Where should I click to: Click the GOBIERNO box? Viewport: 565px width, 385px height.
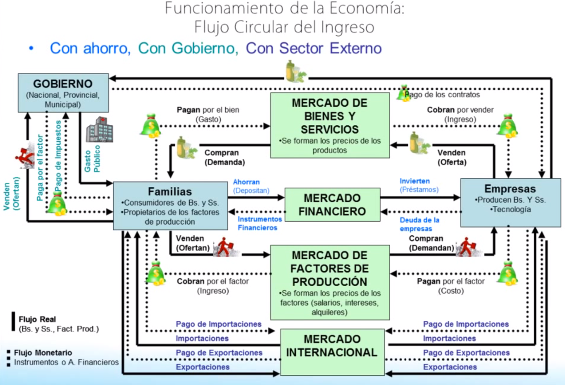(x=63, y=93)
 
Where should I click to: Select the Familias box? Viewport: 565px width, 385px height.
(x=170, y=206)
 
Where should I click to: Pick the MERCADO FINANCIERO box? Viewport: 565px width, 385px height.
(x=332, y=204)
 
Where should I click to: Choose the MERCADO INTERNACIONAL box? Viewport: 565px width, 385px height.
(x=332, y=352)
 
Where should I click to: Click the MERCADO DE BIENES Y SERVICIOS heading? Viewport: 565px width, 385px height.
(x=329, y=116)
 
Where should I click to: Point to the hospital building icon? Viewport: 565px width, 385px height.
(x=99, y=130)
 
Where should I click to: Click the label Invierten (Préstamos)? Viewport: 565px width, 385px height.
(x=419, y=185)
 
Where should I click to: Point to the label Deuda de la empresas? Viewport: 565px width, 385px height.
(x=419, y=224)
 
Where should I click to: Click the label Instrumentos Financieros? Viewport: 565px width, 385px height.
(x=260, y=223)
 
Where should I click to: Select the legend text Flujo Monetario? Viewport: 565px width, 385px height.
(x=43, y=353)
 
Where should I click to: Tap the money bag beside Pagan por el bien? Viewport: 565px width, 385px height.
(x=150, y=126)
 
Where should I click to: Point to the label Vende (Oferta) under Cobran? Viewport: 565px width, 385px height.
(x=452, y=157)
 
